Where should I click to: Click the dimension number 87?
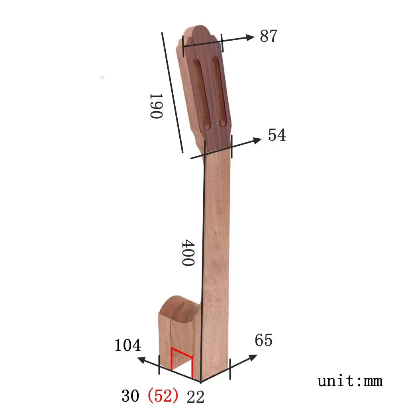[x=268, y=36]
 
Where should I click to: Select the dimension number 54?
[x=277, y=135]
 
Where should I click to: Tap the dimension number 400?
[x=188, y=253]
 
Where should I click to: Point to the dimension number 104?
[x=127, y=345]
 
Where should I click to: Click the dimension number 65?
[x=263, y=341]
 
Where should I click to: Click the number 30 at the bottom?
[x=130, y=396]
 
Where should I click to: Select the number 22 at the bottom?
[x=195, y=396]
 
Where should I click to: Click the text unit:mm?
[x=350, y=381]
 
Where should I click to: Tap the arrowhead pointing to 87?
[x=250, y=37]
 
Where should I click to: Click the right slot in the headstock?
[x=220, y=91]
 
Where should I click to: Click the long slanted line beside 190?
[x=172, y=92]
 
